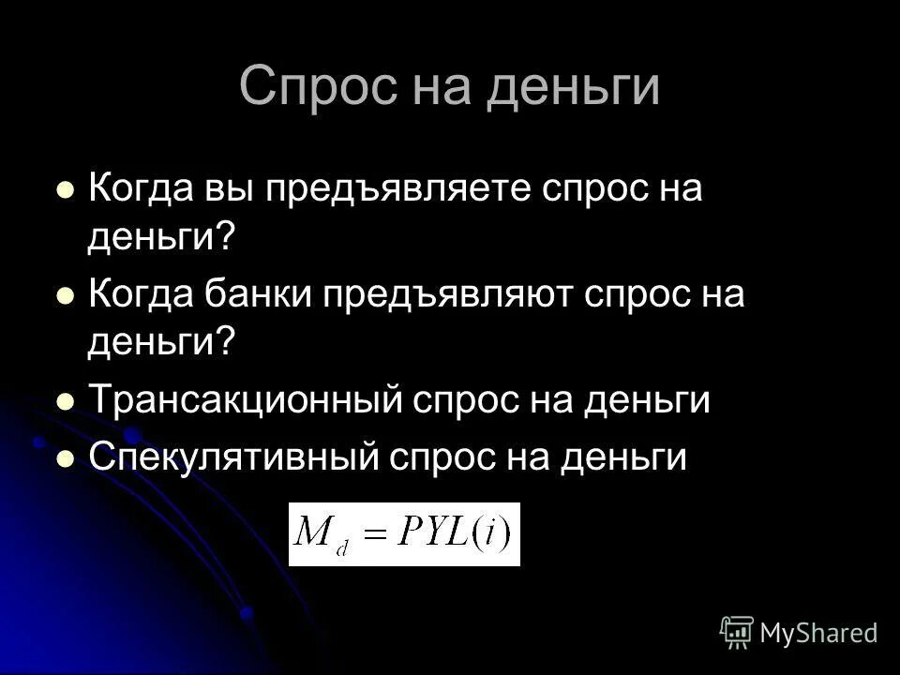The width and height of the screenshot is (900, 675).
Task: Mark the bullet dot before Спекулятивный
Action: point(66,457)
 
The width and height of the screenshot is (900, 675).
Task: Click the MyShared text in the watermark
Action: point(818,633)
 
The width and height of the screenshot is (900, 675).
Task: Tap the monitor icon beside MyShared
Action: point(738,633)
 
